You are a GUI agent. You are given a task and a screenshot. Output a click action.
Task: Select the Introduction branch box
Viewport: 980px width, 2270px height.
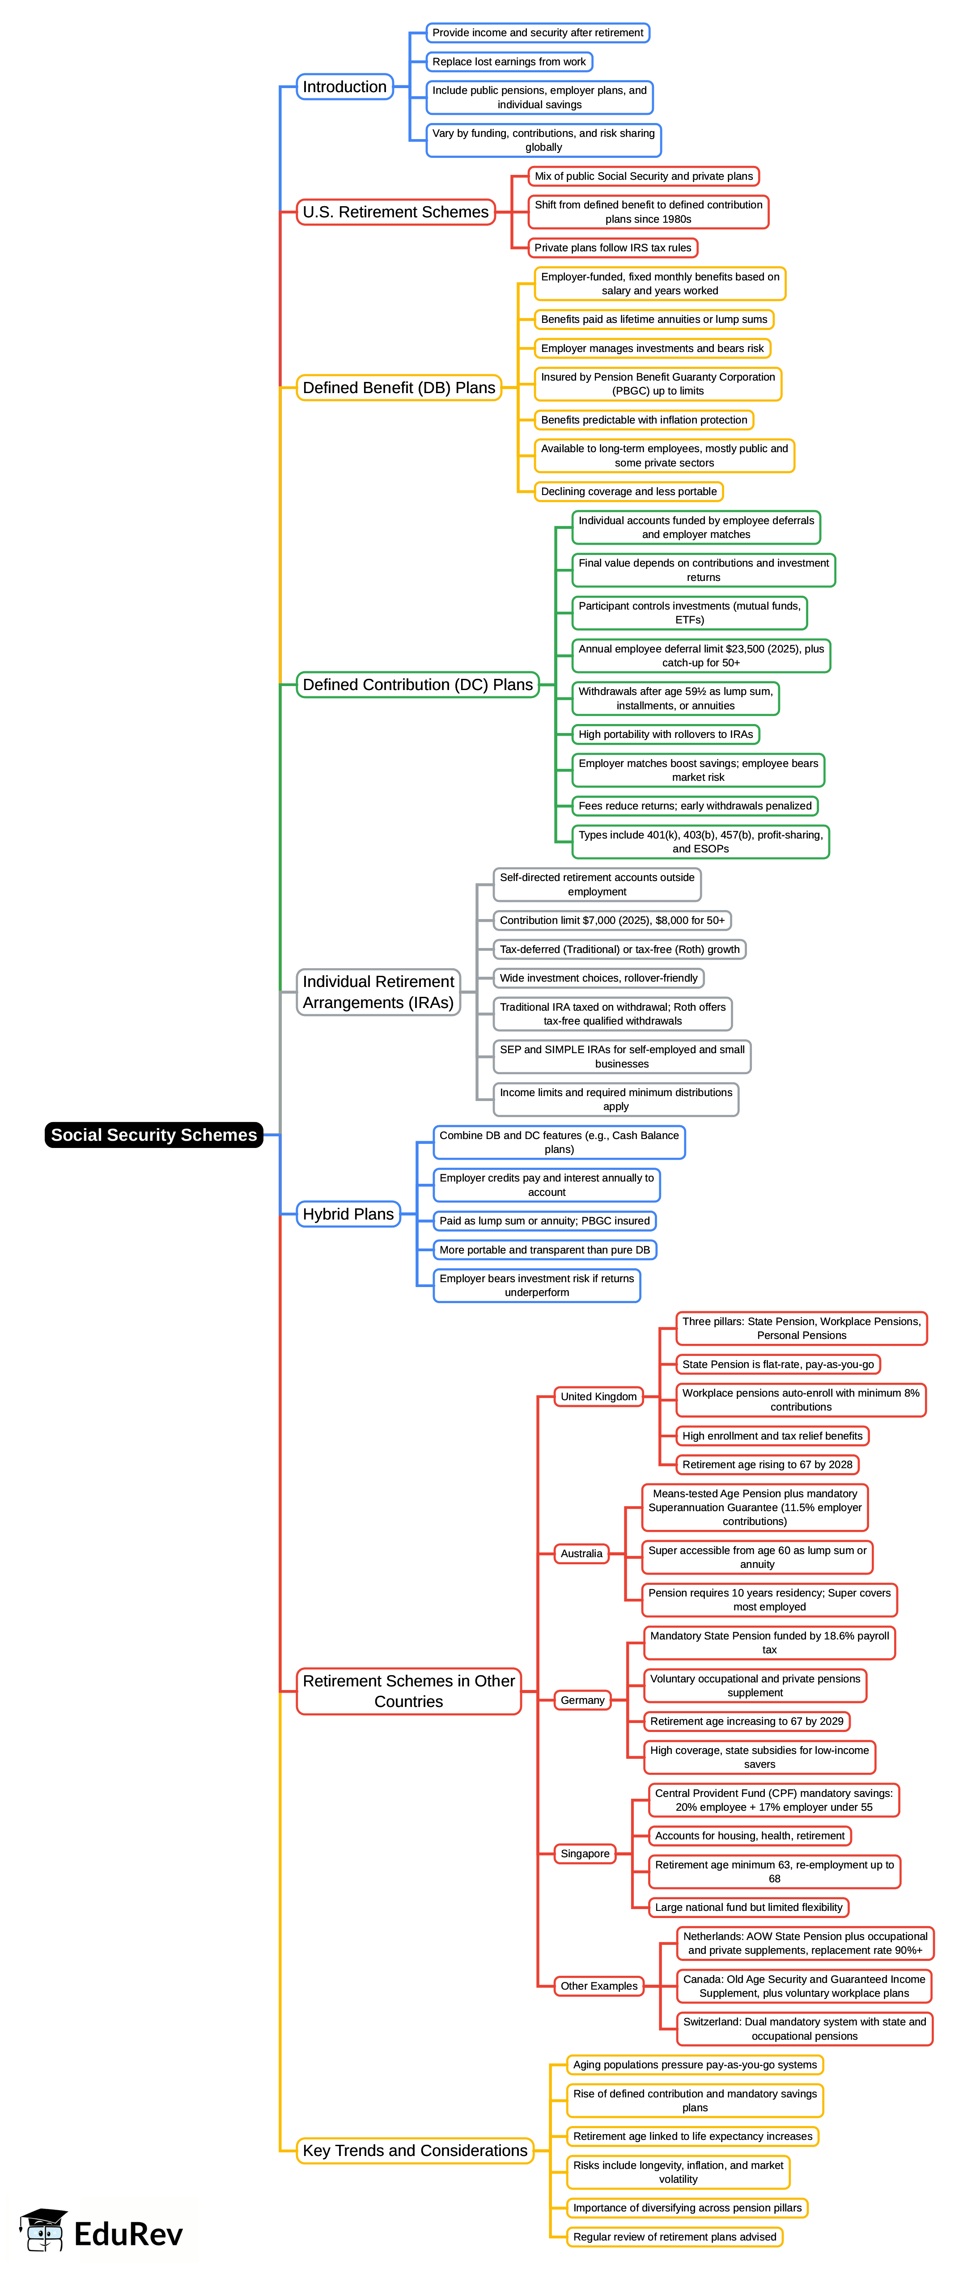point(344,86)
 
